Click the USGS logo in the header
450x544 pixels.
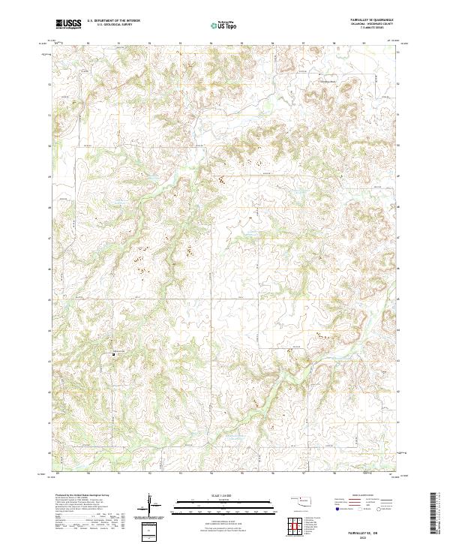click(69, 24)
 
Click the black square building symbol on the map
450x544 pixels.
click(114, 353)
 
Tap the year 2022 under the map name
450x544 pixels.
click(378, 536)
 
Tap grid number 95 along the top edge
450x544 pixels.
click(88, 42)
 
